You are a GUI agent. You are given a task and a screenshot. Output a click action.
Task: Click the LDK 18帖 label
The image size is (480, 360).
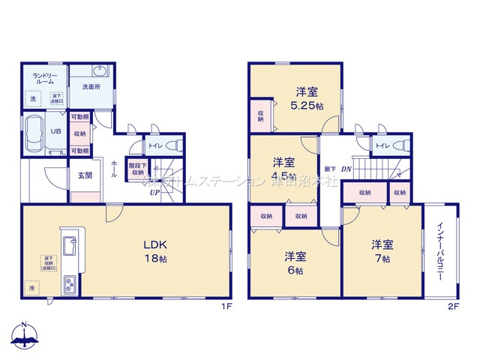156,251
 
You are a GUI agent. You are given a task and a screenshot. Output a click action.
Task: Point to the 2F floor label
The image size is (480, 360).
452,306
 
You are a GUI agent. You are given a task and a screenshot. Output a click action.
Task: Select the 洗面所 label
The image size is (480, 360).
91,87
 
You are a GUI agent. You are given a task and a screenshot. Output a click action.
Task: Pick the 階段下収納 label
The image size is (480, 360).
137,169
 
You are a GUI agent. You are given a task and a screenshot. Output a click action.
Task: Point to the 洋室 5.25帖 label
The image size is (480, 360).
307,99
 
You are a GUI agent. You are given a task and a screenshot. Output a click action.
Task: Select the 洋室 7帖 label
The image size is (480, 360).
382,251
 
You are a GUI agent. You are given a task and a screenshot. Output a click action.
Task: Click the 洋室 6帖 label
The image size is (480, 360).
294,262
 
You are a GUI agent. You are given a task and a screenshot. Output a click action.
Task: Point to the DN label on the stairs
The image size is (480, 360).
346,169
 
